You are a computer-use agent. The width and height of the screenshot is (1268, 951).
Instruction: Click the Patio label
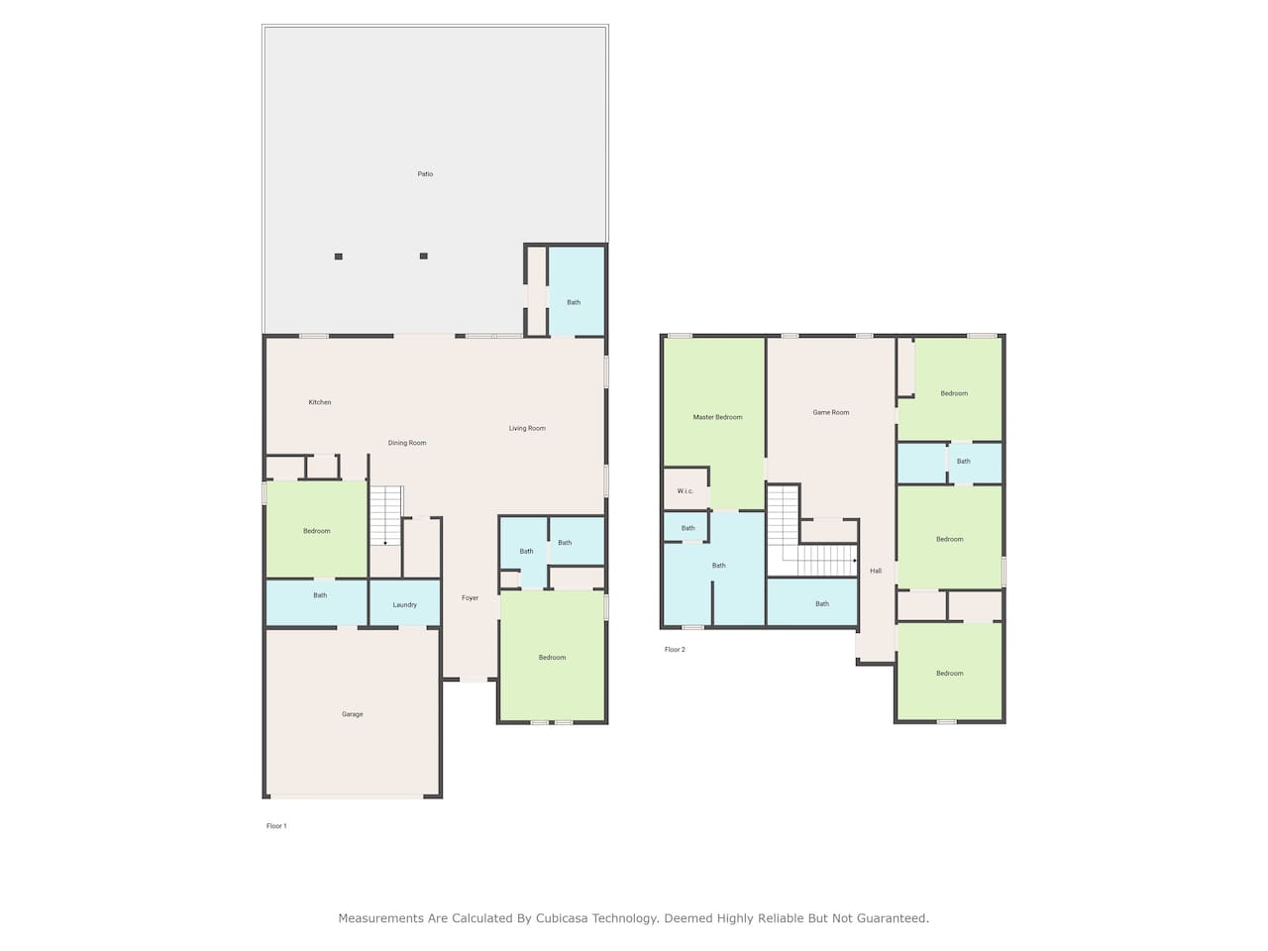tap(425, 173)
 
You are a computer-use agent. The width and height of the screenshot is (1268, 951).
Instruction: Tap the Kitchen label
tap(319, 402)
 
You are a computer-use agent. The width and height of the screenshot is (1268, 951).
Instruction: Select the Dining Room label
tap(407, 443)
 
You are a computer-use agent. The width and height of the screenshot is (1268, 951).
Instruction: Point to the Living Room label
tap(527, 428)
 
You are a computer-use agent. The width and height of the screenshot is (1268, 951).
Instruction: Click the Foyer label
tap(470, 598)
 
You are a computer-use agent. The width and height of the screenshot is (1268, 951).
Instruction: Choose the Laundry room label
tap(404, 605)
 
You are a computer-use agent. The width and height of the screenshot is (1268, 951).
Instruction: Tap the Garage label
tap(352, 714)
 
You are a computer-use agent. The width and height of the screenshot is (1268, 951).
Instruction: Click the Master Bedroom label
tap(717, 417)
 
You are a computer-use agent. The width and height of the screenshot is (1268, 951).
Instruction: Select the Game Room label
tap(831, 412)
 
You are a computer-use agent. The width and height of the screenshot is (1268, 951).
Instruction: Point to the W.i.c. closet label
tap(686, 490)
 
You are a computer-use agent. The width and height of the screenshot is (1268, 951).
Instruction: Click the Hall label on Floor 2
tap(876, 571)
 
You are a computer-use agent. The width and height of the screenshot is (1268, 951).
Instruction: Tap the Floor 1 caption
tap(276, 826)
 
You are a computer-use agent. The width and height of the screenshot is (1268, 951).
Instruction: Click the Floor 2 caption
tap(675, 650)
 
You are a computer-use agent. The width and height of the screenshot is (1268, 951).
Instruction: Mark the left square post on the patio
tap(339, 257)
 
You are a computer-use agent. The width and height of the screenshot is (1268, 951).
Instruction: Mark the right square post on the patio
tap(423, 256)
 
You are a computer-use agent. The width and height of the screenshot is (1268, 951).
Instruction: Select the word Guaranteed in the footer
tap(893, 918)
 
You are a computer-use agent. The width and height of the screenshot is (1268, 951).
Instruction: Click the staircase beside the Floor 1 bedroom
tap(385, 516)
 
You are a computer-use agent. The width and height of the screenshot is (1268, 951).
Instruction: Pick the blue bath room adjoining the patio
tap(576, 291)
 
